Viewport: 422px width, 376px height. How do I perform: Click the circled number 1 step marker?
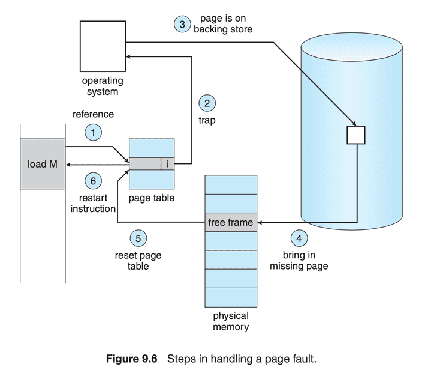[x=93, y=132]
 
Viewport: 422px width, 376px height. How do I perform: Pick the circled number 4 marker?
[x=299, y=238]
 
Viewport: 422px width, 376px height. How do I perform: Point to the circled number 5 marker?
[x=138, y=238]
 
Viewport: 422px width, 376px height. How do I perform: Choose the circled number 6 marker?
[x=93, y=180]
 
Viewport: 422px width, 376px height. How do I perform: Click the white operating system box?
[x=104, y=46]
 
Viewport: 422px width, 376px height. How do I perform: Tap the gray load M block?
[x=43, y=164]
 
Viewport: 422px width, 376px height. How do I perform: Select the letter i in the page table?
[x=168, y=164]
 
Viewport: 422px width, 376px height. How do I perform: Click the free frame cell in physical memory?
[x=231, y=222]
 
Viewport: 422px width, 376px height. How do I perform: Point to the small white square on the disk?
[x=356, y=135]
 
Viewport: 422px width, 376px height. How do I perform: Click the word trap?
[x=207, y=120]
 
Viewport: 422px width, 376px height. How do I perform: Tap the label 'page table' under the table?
[x=152, y=198]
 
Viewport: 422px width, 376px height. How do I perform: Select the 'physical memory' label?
[x=231, y=321]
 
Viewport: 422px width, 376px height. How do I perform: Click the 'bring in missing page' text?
[x=299, y=261]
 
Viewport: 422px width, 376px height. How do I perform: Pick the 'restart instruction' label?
[x=93, y=203]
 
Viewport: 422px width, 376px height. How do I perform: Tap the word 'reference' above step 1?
[x=93, y=114]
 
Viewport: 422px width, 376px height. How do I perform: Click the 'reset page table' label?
[x=138, y=261]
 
